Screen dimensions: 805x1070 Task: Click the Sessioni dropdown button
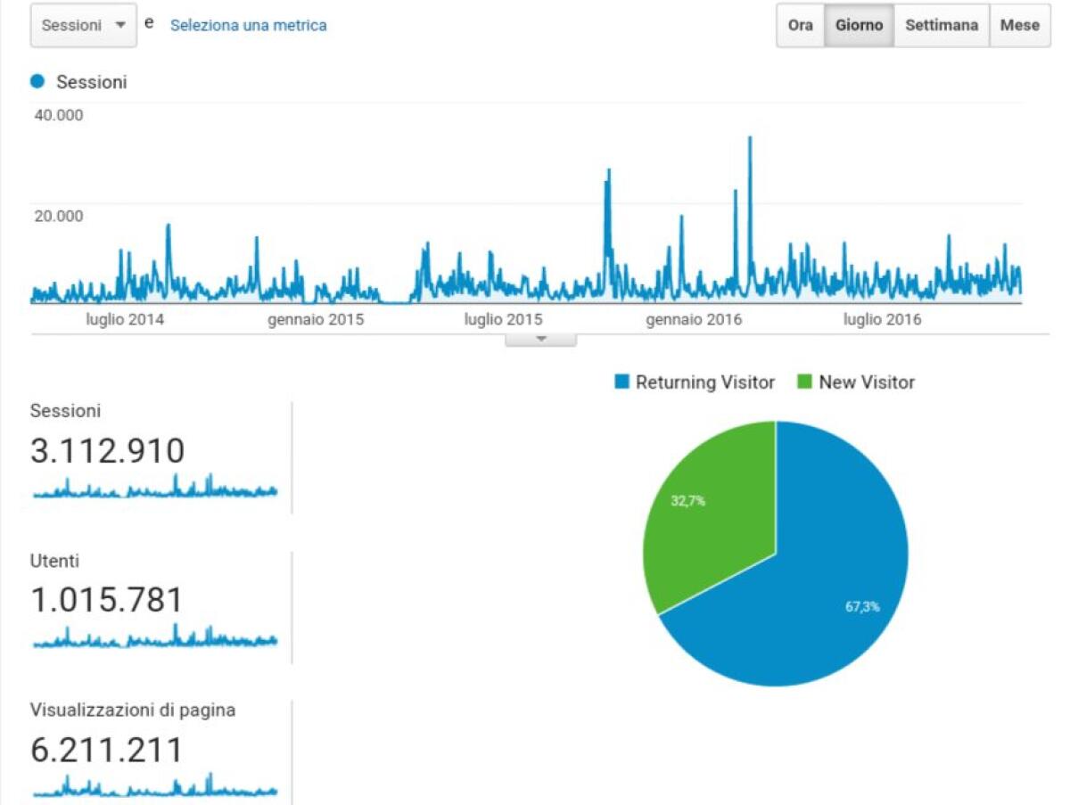pyautogui.click(x=84, y=26)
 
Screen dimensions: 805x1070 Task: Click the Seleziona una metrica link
pyautogui.click(x=248, y=26)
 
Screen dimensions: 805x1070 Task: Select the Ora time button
pyautogui.click(x=800, y=26)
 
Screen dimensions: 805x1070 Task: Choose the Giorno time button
pyautogui.click(x=859, y=26)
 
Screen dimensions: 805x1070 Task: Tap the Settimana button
pyautogui.click(x=942, y=26)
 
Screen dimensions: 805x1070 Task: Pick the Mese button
pyautogui.click(x=1019, y=26)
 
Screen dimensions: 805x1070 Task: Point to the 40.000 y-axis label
pyautogui.click(x=59, y=115)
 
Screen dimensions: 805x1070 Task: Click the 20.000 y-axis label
pyautogui.click(x=59, y=216)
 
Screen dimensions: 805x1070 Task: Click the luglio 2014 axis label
pyautogui.click(x=125, y=320)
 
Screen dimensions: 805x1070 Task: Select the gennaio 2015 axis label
pyautogui.click(x=316, y=320)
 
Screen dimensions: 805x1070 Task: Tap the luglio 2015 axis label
pyautogui.click(x=504, y=320)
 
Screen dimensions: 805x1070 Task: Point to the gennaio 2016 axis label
pyautogui.click(x=694, y=320)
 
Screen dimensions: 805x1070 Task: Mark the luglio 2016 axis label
pyautogui.click(x=883, y=320)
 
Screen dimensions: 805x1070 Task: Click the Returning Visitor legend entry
pyautogui.click(x=695, y=382)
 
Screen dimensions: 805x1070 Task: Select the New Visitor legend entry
pyautogui.click(x=856, y=382)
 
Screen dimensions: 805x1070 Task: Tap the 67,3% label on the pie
pyautogui.click(x=862, y=607)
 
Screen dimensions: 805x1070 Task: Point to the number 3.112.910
pyautogui.click(x=108, y=451)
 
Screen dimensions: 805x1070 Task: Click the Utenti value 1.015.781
pyautogui.click(x=107, y=600)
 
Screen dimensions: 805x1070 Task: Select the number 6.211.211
pyautogui.click(x=107, y=750)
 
